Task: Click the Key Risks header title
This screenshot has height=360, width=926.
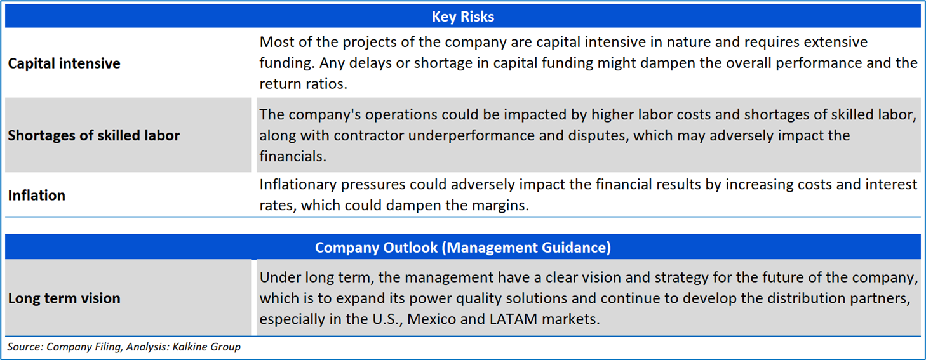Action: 462,17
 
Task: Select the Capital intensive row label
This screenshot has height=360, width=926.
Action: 64,63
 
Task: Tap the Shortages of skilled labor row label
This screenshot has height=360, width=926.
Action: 94,136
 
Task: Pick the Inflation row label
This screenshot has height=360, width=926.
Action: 37,195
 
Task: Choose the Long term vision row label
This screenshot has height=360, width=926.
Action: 64,298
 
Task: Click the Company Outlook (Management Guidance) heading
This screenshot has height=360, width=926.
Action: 462,248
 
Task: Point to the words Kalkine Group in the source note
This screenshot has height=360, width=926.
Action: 206,347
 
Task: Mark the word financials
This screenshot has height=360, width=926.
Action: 293,157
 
